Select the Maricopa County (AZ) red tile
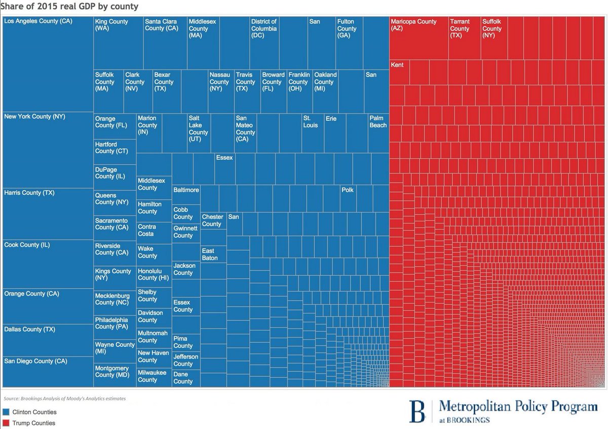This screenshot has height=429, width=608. point(419,38)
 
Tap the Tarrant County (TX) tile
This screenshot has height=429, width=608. point(464,38)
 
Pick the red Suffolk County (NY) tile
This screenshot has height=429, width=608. point(493,38)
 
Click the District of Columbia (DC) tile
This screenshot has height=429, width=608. point(264,43)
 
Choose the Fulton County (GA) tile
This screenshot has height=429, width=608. point(349,43)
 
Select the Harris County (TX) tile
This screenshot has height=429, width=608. point(48,213)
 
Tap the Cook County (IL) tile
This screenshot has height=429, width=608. point(48,264)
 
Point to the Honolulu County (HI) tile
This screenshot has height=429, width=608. point(154,277)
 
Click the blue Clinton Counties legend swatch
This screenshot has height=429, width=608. point(7,412)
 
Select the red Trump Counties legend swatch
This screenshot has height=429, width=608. point(7,423)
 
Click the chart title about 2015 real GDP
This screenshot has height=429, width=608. point(70,7)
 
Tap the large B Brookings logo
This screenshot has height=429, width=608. point(417,411)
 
